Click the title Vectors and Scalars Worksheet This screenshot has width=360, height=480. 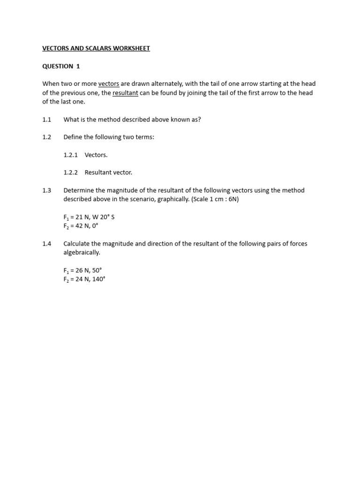pyautogui.click(x=96, y=48)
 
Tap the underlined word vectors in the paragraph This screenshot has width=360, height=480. pyautogui.click(x=108, y=84)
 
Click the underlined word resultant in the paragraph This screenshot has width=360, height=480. pyautogui.click(x=125, y=93)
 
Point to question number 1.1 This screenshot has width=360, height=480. pyautogui.click(x=46, y=120)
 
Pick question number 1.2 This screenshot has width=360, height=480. pyautogui.click(x=46, y=137)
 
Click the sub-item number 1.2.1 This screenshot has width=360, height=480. pyautogui.click(x=70, y=155)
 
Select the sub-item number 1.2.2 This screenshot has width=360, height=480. pyautogui.click(x=70, y=172)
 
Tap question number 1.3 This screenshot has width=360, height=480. pyautogui.click(x=46, y=190)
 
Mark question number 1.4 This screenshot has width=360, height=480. pyautogui.click(x=46, y=244)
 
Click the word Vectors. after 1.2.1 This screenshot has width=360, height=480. pyautogui.click(x=96, y=155)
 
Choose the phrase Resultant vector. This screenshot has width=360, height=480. pyautogui.click(x=108, y=172)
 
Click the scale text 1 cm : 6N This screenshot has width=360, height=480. pyautogui.click(x=223, y=199)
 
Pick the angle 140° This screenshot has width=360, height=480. pyautogui.click(x=98, y=279)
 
